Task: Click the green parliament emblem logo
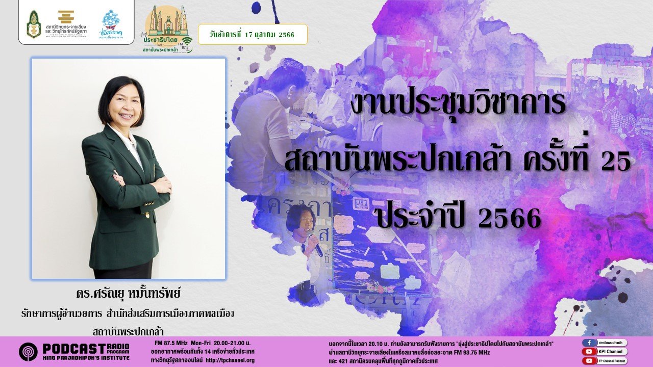click(34, 24)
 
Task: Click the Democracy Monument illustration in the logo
click(166, 20)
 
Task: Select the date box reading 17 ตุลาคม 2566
click(253, 34)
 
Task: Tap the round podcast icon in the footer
click(28, 352)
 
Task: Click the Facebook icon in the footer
click(589, 343)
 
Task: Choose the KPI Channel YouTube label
click(612, 352)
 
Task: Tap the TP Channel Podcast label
click(612, 360)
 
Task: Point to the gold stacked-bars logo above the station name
click(66, 17)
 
